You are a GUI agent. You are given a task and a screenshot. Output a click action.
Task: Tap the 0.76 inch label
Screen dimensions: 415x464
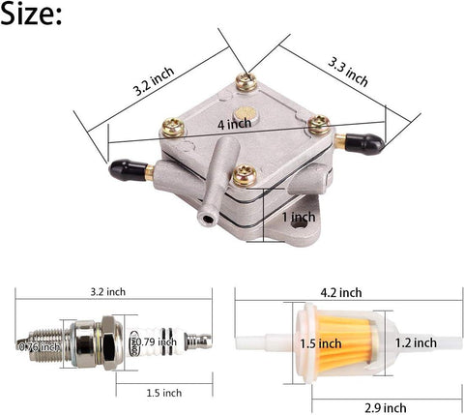click(38, 345)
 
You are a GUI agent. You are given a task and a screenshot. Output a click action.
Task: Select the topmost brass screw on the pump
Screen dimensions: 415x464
click(246, 82)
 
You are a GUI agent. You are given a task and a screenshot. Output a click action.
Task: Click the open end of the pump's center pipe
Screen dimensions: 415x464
click(206, 222)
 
